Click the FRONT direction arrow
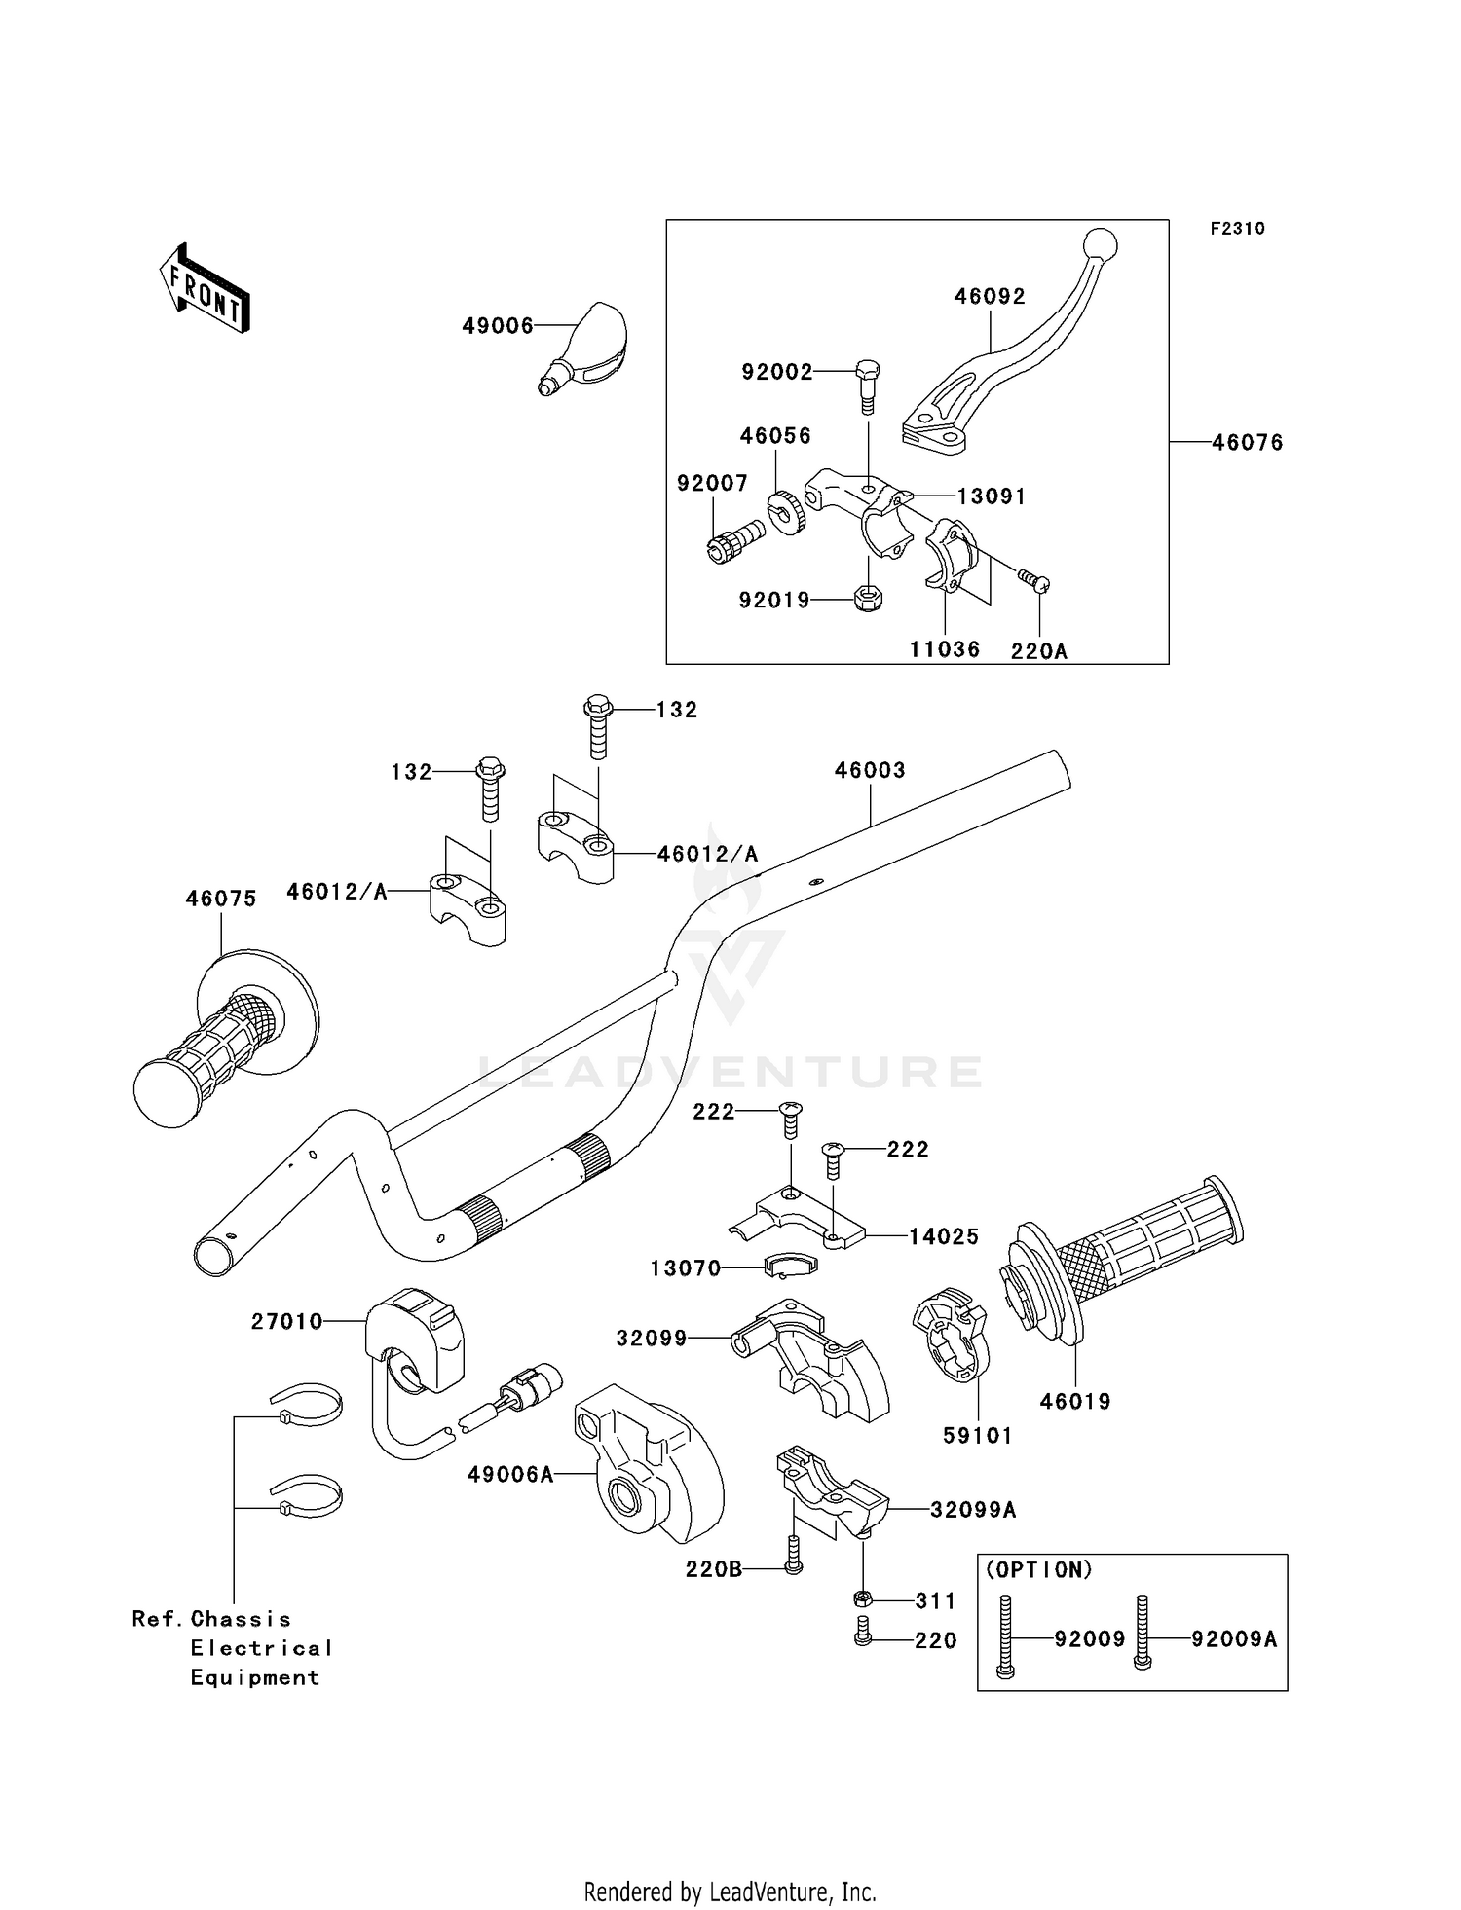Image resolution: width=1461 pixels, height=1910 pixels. (206, 290)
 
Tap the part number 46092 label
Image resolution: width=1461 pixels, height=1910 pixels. (989, 296)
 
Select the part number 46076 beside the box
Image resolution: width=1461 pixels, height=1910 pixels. (1248, 443)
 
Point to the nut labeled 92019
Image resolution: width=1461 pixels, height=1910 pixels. (867, 598)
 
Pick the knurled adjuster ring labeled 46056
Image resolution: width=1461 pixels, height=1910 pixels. (787, 513)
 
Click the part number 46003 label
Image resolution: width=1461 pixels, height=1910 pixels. (870, 770)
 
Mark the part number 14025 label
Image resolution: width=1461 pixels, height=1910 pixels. (944, 1236)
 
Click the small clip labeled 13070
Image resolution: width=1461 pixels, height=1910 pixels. (790, 1265)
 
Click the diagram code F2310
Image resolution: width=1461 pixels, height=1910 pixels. (1237, 229)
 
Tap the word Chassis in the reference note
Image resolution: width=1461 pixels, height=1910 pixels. (241, 1619)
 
